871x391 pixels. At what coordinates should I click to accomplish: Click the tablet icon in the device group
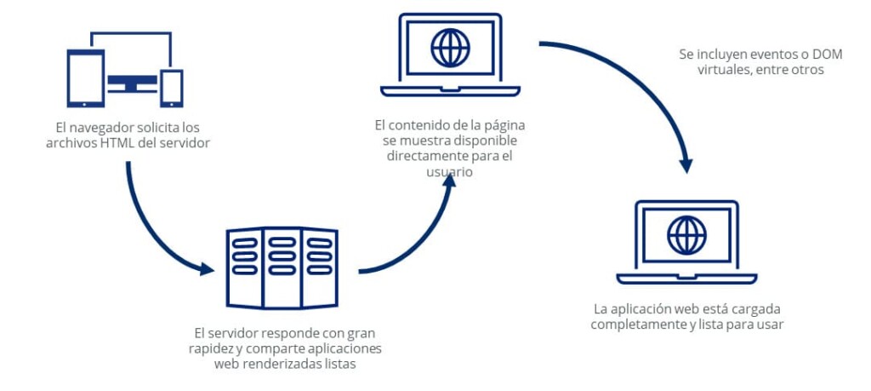(x=85, y=78)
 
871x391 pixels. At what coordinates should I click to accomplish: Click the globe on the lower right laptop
(x=686, y=235)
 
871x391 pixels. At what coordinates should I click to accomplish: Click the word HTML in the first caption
(x=117, y=142)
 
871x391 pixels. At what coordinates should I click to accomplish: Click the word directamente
(x=424, y=156)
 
